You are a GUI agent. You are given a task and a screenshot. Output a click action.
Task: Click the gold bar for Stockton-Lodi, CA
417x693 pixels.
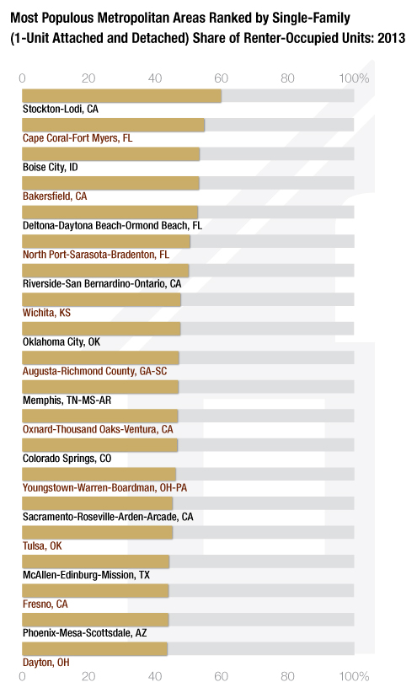pos(121,96)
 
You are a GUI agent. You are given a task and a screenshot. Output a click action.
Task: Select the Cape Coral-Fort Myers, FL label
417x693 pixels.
pos(78,138)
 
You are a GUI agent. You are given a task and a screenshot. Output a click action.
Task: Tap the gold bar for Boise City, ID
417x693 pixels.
pos(111,154)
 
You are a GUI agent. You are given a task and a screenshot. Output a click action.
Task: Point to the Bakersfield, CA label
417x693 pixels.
pos(55,196)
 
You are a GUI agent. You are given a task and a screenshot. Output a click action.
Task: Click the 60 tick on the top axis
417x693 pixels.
pos(221,78)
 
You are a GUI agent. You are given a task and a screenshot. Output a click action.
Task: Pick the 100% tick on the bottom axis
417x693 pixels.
pos(354,676)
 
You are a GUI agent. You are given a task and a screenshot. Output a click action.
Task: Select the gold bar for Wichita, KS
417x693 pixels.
pos(101,299)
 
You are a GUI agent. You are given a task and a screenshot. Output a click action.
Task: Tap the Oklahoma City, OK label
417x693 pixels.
pos(61,341)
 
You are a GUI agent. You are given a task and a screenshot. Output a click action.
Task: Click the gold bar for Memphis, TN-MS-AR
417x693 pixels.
pos(100,387)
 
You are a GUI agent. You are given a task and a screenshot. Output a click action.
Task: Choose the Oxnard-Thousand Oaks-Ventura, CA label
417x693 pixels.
pos(98,429)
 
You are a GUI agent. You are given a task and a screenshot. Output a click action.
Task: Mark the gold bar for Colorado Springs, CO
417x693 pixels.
pos(100,445)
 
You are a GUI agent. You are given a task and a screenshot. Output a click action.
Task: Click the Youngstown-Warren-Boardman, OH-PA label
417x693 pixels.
pos(104,487)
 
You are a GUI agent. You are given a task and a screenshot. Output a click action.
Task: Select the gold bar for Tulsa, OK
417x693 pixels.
pos(97,533)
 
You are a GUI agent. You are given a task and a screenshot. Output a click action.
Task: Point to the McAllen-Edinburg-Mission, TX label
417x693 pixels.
pos(86,575)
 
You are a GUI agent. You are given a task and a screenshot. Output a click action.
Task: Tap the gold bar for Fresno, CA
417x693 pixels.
pos(95,591)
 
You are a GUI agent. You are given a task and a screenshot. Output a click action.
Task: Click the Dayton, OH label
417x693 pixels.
pos(46,662)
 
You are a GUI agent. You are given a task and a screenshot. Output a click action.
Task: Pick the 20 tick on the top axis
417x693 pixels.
pos(88,78)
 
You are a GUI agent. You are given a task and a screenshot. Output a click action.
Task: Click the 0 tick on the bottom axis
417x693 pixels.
pos(22,676)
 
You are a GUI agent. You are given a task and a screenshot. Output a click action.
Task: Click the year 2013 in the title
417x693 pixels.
pos(392,38)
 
